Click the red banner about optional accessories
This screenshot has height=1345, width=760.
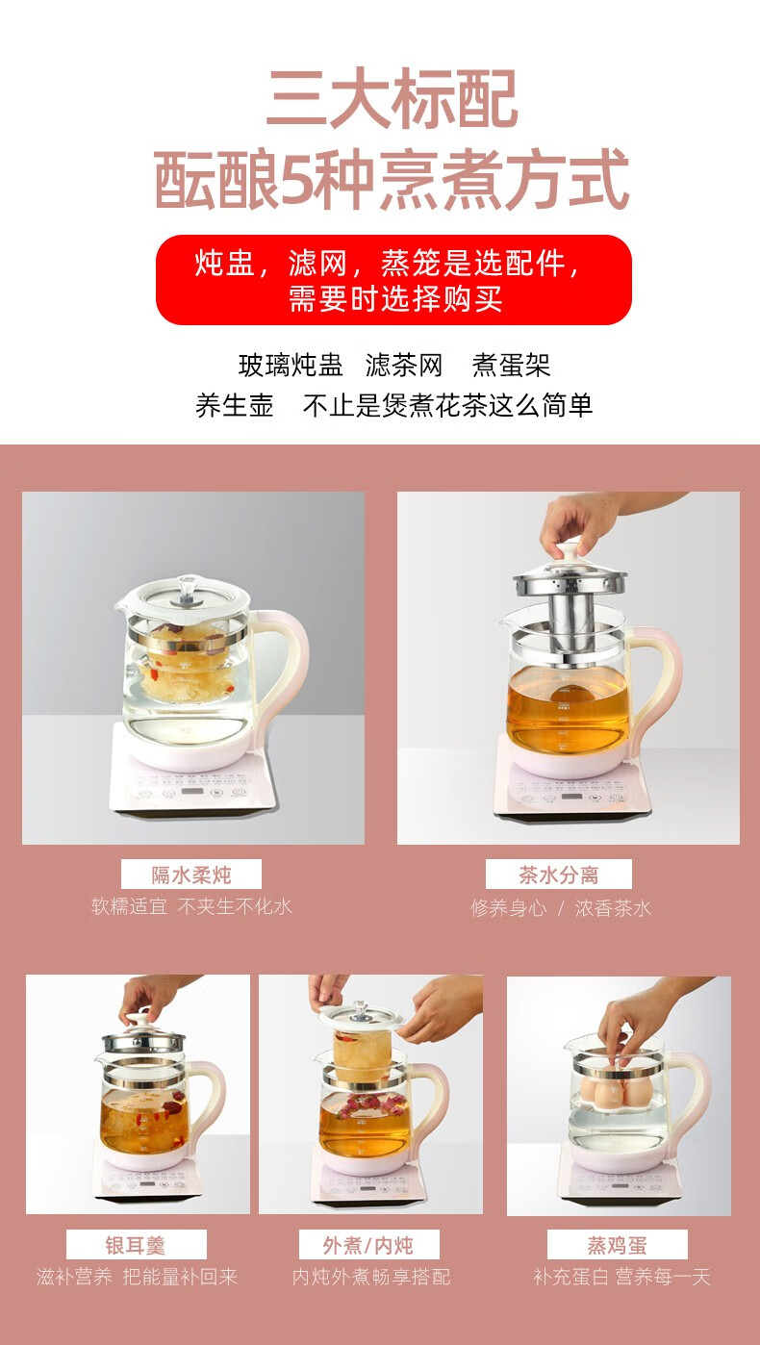coord(393,280)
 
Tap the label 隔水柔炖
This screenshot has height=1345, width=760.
coord(190,875)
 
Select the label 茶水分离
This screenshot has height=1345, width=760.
coord(558,875)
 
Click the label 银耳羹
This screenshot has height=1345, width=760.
coord(136,1245)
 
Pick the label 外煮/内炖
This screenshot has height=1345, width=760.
coord(368,1245)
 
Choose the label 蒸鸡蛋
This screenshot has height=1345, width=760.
coord(617,1245)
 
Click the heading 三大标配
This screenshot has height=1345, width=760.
coord(392,98)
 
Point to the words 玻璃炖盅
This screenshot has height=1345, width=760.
coord(291,365)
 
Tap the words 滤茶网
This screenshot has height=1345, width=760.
coord(404,365)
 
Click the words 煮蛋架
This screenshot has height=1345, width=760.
coord(512,365)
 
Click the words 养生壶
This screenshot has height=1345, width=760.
coord(234,405)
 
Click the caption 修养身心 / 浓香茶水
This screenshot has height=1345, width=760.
coord(561,907)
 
